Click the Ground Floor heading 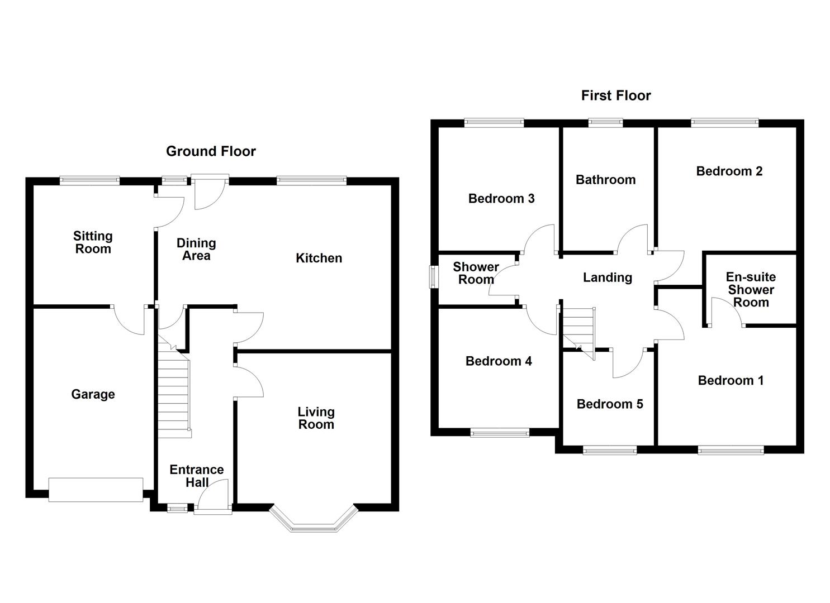click(x=211, y=151)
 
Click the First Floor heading click(x=615, y=95)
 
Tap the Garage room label click(x=93, y=395)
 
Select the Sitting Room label click(x=93, y=243)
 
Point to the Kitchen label click(x=319, y=258)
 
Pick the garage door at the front click(x=96, y=490)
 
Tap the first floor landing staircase click(x=578, y=329)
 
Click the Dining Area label click(x=196, y=250)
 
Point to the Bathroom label click(x=605, y=180)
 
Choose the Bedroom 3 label click(x=501, y=199)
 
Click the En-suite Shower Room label click(x=751, y=290)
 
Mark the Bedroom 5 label click(x=610, y=404)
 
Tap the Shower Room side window click(x=433, y=277)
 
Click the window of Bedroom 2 click(x=724, y=122)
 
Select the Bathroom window click(x=605, y=122)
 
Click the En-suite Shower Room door click(x=727, y=313)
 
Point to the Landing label click(x=608, y=277)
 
